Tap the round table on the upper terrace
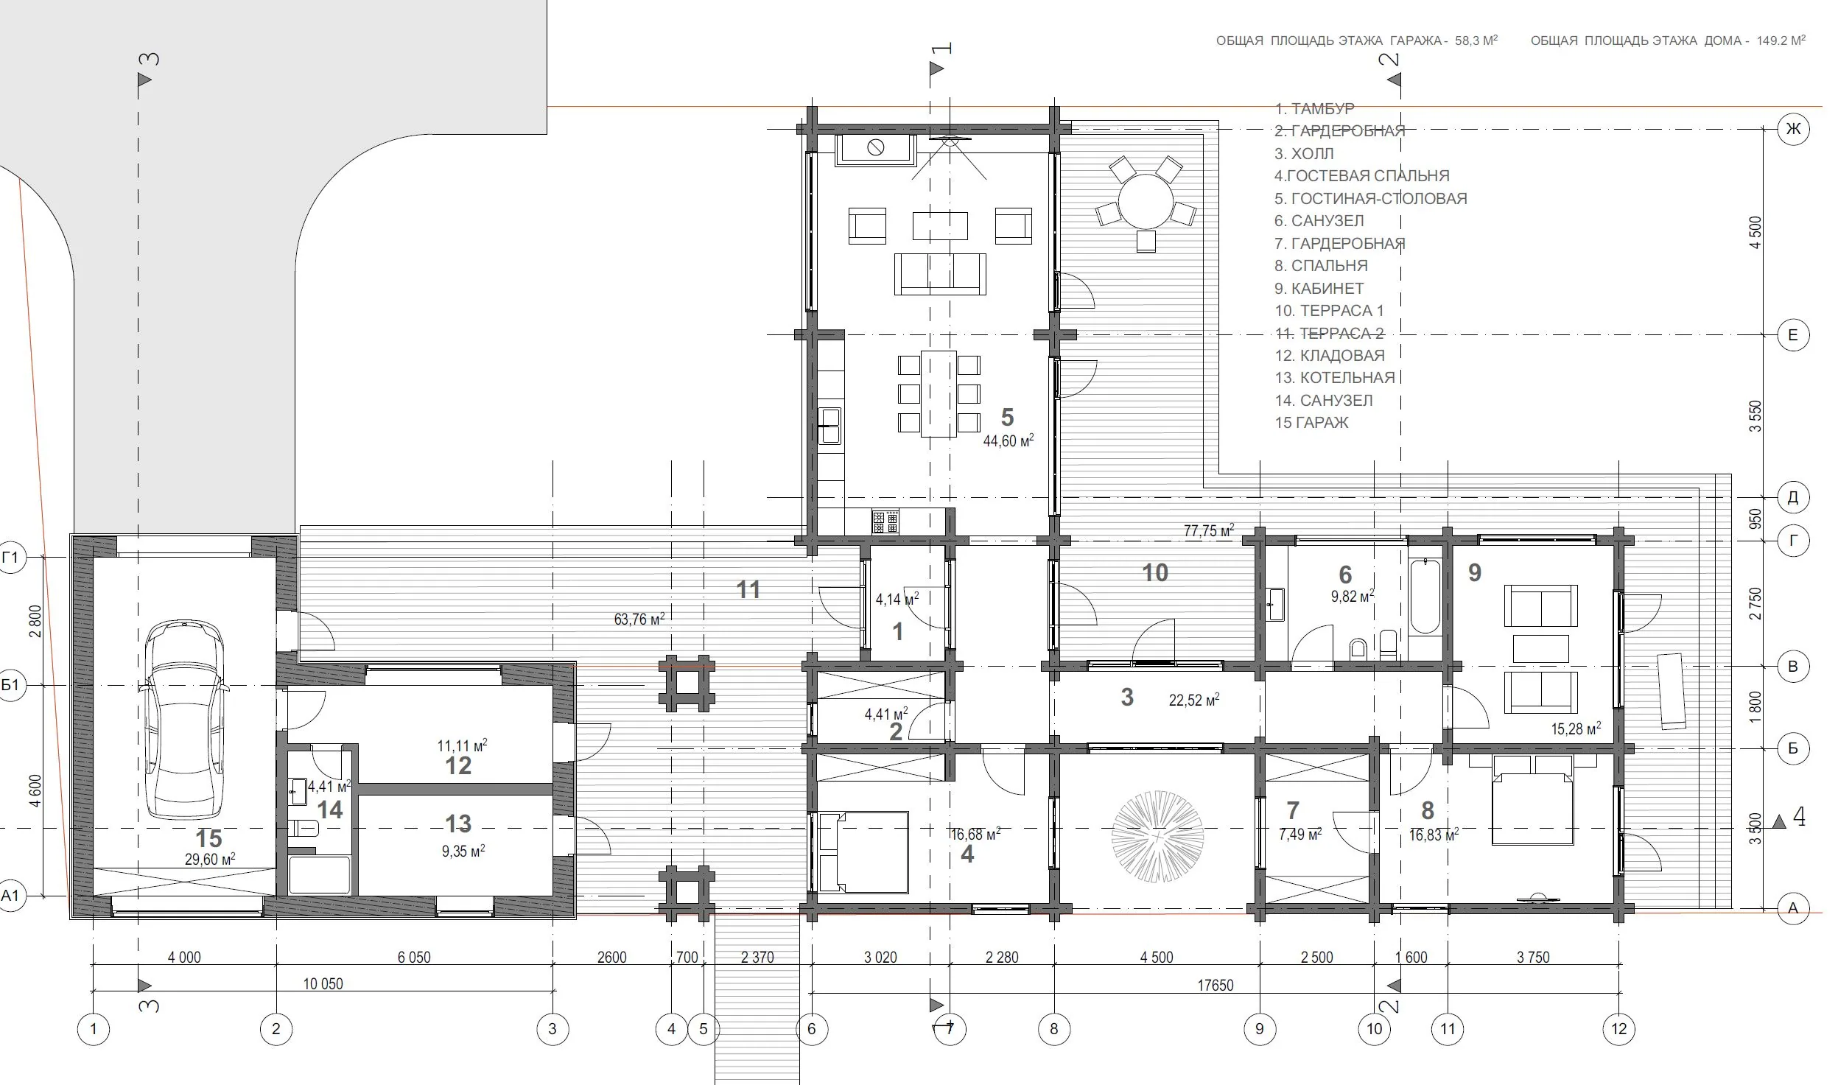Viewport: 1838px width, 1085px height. point(1145,201)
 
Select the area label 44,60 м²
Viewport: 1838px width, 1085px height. point(1009,440)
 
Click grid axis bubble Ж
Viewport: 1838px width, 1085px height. point(1793,130)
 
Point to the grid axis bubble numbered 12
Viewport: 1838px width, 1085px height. point(1618,1028)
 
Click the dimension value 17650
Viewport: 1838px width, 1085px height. point(1215,985)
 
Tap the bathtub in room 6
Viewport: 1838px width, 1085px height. point(1425,596)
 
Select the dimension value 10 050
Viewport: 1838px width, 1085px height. point(323,984)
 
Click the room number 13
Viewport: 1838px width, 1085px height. point(458,823)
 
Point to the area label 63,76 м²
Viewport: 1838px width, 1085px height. point(639,619)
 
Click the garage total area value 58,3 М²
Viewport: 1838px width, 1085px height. point(1476,41)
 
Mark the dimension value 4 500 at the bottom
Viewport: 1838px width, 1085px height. point(1157,958)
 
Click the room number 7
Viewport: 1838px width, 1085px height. point(1293,810)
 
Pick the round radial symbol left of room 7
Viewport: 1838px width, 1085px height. point(1157,837)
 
